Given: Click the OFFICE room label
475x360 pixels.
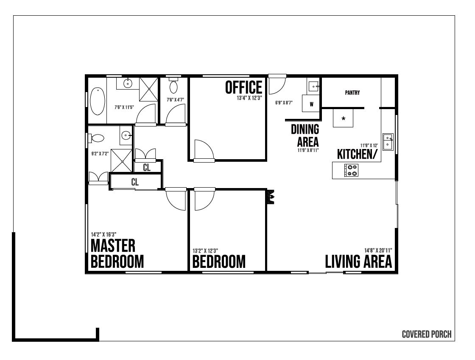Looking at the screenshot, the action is (243, 87).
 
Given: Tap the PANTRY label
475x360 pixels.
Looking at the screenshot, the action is (352, 93).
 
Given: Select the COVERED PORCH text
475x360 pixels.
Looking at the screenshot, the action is (427, 334).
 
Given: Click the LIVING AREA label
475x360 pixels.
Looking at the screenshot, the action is (358, 262).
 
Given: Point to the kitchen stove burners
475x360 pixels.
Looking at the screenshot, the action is (352, 170).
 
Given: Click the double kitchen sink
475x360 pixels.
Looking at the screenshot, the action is (388, 142).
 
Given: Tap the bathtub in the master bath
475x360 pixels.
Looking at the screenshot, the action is (98, 101).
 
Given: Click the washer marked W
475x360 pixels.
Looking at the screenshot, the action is (311, 104).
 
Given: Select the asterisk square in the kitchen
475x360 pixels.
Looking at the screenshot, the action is (343, 118).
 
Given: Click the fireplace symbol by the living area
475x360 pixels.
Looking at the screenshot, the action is (271, 197).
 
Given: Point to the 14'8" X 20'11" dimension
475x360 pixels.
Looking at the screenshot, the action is (378, 250).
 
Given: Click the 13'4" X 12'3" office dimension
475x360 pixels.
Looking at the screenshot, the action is (249, 98).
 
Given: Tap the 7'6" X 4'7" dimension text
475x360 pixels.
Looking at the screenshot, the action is (175, 99).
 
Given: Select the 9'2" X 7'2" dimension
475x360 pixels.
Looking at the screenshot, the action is (100, 154).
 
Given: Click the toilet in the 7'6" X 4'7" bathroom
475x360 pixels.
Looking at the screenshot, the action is (173, 86).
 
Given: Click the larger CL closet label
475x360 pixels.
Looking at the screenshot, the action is (135, 182).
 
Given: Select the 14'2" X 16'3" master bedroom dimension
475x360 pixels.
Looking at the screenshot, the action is (103, 234).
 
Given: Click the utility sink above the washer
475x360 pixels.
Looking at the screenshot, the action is (313, 86).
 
